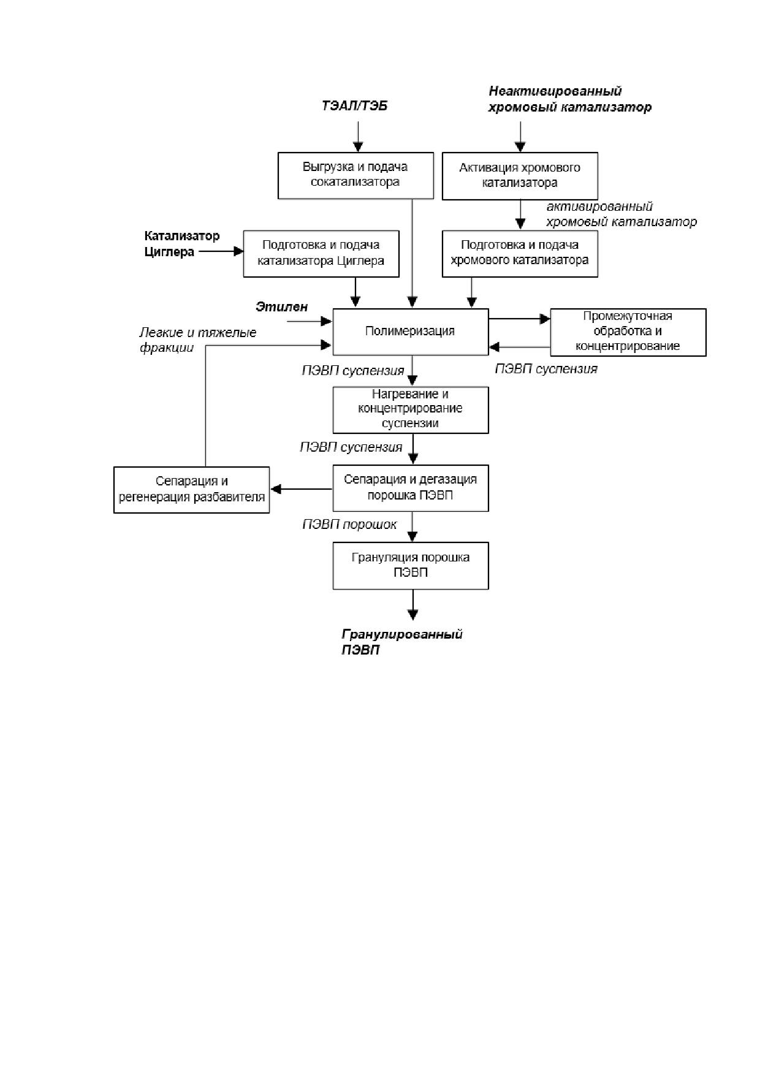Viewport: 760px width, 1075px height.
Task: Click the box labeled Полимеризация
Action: point(411,332)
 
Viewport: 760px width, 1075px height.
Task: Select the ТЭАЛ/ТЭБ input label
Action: point(355,106)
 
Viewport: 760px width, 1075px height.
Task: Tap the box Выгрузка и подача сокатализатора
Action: point(355,175)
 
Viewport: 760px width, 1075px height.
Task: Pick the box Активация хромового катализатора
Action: point(520,176)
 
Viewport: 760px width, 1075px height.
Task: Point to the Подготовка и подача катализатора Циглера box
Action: point(321,254)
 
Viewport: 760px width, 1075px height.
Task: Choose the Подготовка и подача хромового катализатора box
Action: point(520,254)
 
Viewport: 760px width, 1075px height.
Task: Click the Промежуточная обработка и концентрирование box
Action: point(628,332)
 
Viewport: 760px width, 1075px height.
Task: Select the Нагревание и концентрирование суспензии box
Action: point(411,409)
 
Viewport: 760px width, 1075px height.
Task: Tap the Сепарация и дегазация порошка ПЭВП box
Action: point(411,488)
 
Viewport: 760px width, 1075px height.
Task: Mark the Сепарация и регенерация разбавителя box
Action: point(192,490)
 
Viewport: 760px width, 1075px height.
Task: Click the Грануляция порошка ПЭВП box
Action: point(411,566)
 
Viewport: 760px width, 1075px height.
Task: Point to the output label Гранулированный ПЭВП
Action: point(401,642)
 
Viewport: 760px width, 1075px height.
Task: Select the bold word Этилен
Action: point(282,306)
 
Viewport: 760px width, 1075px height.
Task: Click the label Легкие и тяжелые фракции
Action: point(197,340)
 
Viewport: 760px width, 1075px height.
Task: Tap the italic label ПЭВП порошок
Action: point(349,525)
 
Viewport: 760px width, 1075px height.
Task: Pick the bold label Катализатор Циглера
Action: point(181,244)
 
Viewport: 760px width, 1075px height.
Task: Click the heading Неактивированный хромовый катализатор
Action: point(569,99)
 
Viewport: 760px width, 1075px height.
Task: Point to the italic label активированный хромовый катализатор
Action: point(621,215)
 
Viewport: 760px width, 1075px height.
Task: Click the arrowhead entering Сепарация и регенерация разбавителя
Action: point(276,489)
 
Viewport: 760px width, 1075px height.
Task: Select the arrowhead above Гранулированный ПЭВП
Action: point(413,614)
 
